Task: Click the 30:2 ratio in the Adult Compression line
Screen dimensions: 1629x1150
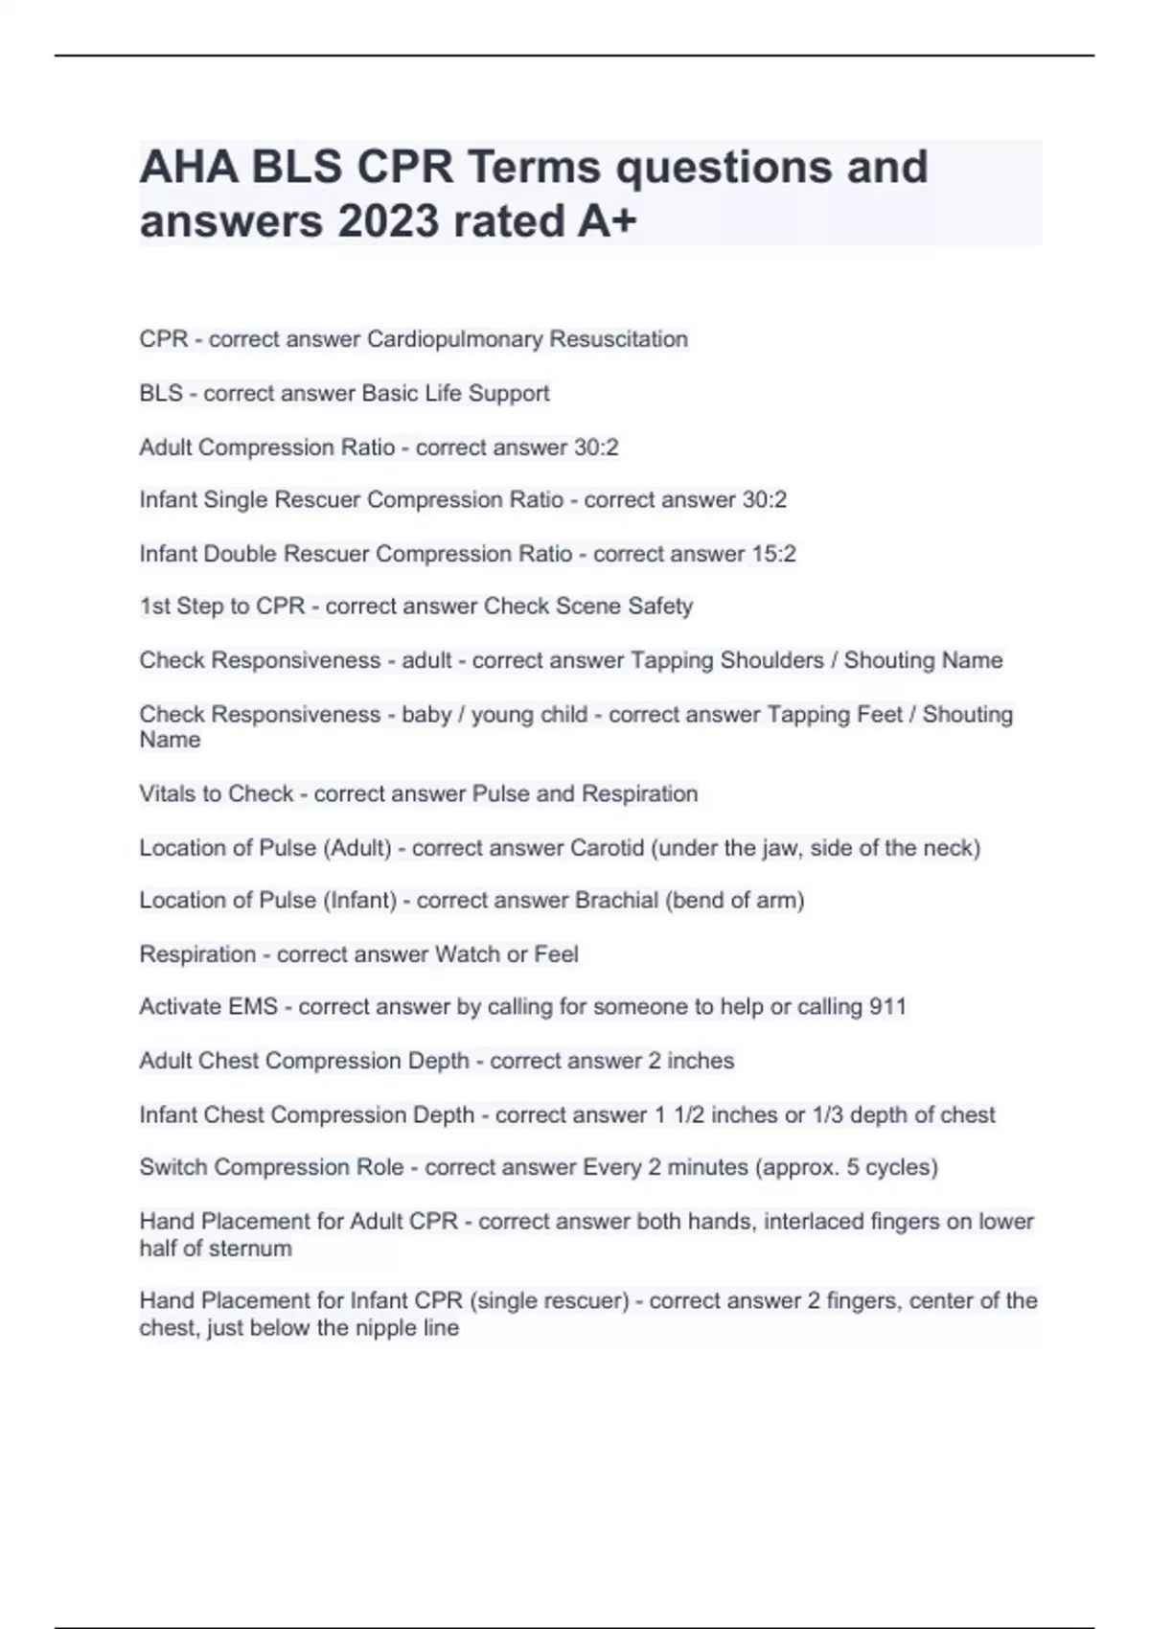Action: [598, 447]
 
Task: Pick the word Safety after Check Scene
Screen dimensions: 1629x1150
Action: [660, 607]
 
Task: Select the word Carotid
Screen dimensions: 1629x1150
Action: [607, 848]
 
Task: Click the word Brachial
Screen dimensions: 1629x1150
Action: [616, 901]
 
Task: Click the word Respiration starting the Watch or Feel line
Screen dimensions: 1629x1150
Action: [197, 954]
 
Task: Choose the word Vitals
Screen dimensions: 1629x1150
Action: [167, 794]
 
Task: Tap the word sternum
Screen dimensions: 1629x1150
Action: [255, 1249]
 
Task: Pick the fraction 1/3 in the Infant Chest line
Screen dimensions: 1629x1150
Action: [828, 1115]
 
